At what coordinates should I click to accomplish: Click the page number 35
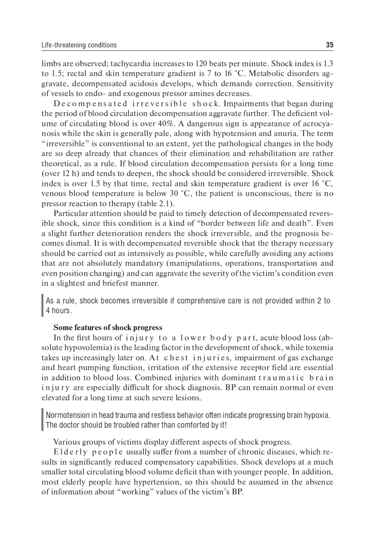click(x=330, y=45)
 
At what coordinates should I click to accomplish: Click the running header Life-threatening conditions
click(x=79, y=45)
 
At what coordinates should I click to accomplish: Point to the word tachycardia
click(x=130, y=63)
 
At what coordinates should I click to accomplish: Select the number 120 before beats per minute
click(x=201, y=63)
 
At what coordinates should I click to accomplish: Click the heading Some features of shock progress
click(x=108, y=328)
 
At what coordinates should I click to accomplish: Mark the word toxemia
click(x=320, y=348)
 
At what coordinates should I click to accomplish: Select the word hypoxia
click(x=317, y=415)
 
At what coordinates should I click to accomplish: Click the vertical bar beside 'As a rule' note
click(x=42, y=306)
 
